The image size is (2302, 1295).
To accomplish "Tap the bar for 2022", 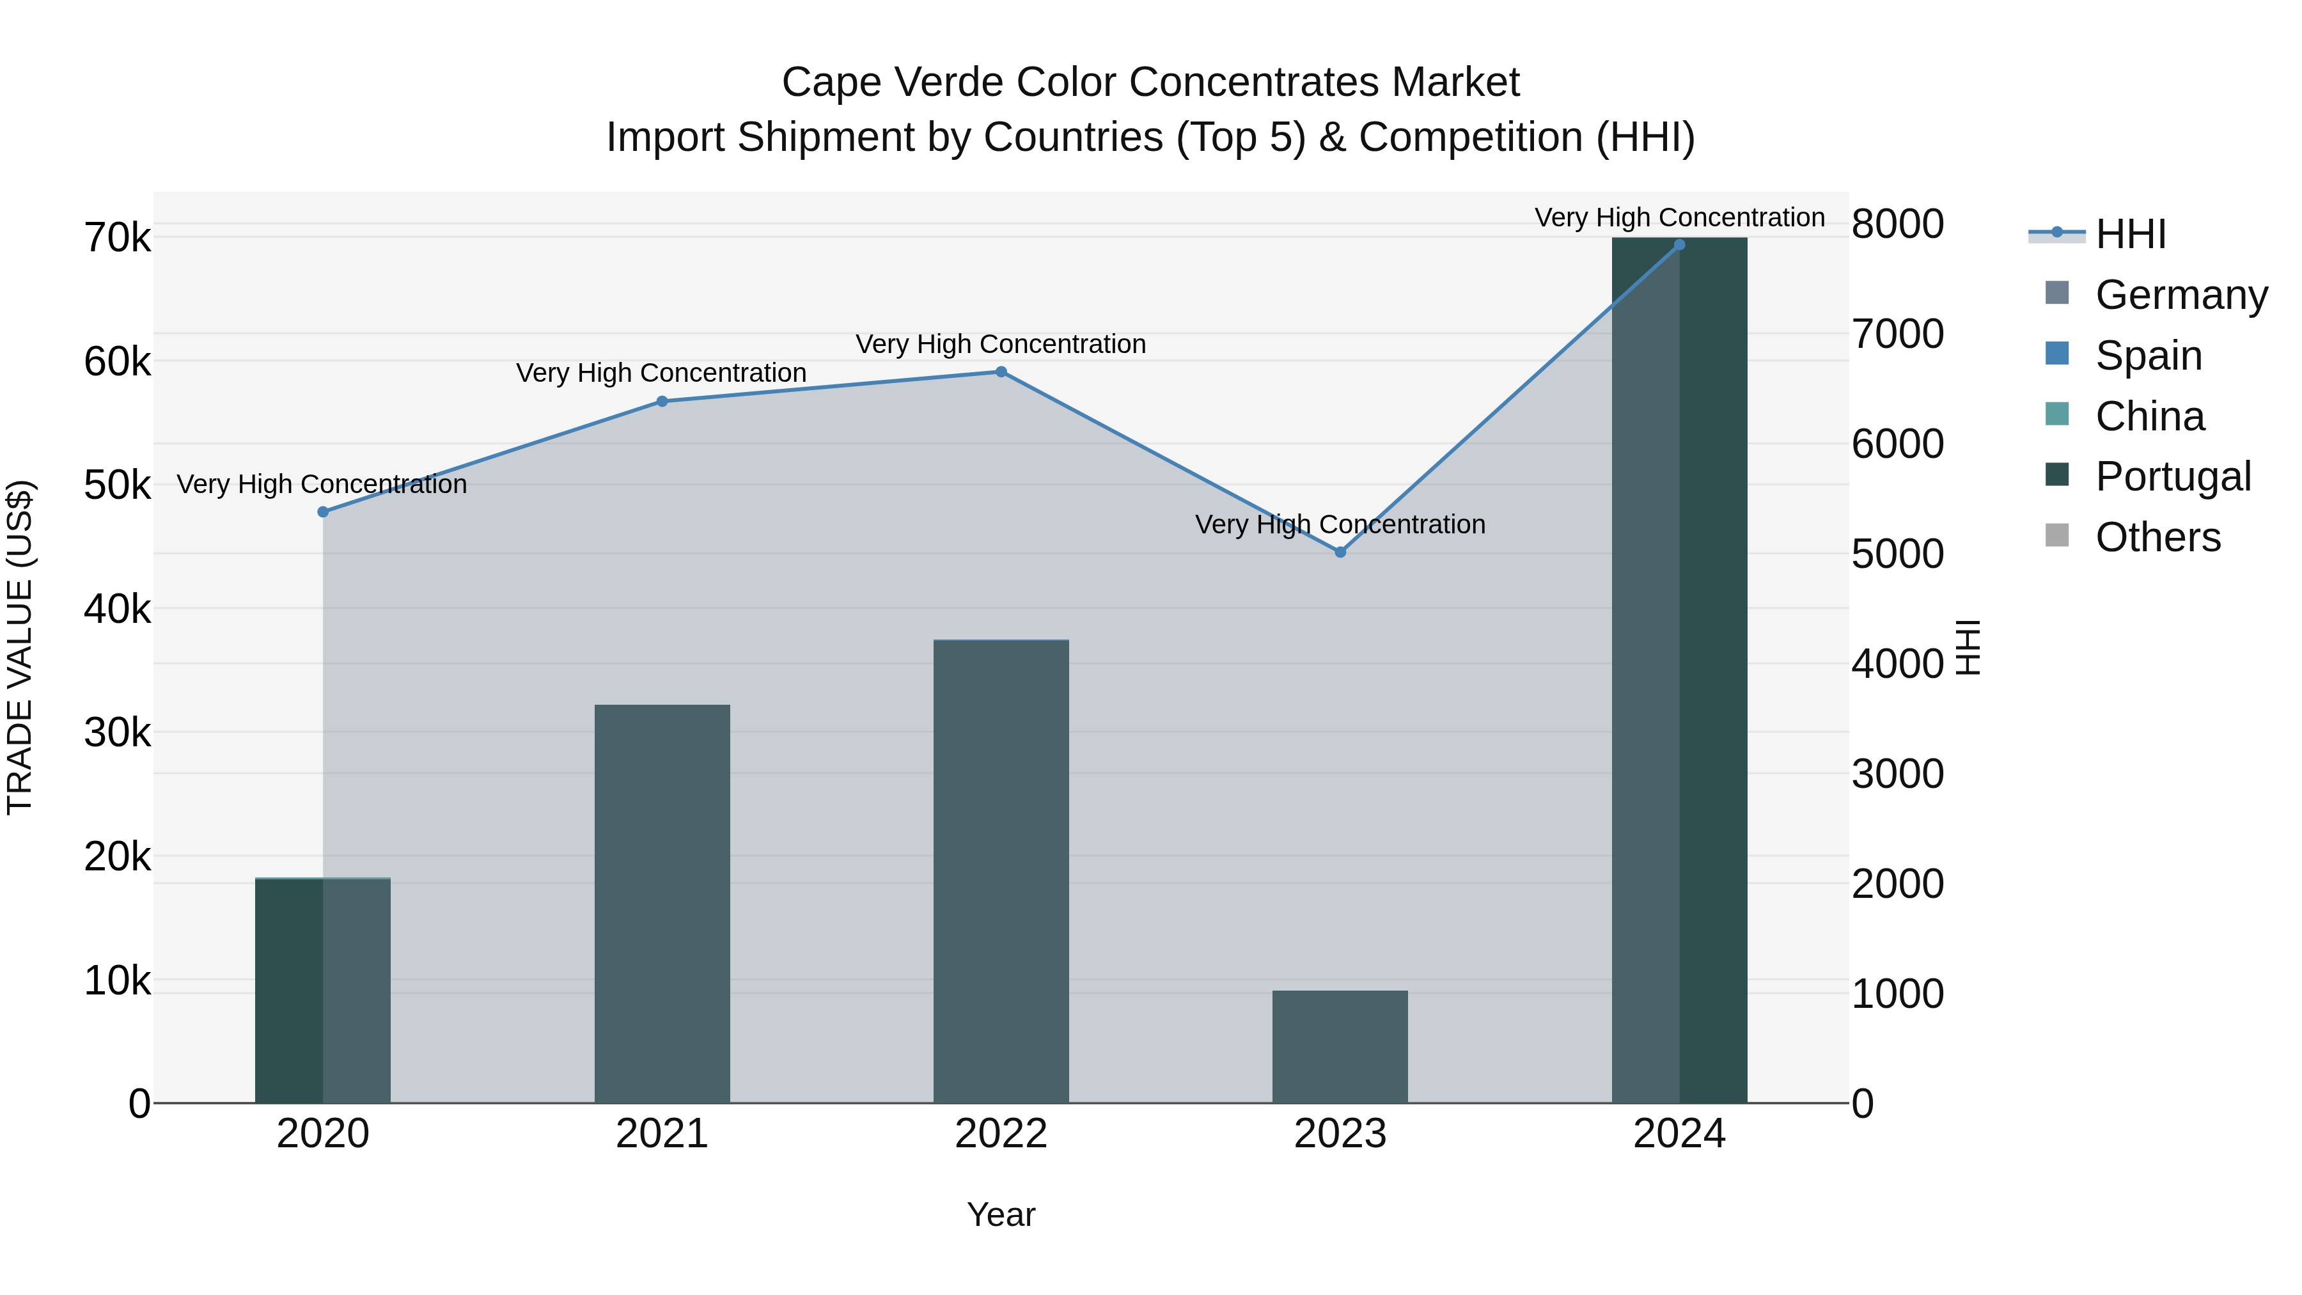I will click(x=1001, y=872).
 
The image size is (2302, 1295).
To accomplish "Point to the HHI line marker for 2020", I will click(x=324, y=512).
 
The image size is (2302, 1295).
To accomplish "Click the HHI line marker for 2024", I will click(x=1679, y=245).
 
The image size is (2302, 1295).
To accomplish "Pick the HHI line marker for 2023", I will click(x=1340, y=553).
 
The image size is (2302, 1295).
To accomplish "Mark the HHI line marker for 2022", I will click(x=1001, y=372).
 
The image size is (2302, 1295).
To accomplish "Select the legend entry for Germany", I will click(x=2181, y=295).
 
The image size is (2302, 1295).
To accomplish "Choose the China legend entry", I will click(x=2149, y=416).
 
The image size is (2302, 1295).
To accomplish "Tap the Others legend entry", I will click(x=2157, y=537).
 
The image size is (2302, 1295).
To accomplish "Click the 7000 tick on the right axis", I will click(x=1897, y=334).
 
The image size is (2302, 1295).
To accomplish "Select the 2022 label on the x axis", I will click(x=1001, y=1134).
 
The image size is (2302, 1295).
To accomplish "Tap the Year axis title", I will click(x=1001, y=1214).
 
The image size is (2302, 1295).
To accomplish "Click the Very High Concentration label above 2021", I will click(x=661, y=373).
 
